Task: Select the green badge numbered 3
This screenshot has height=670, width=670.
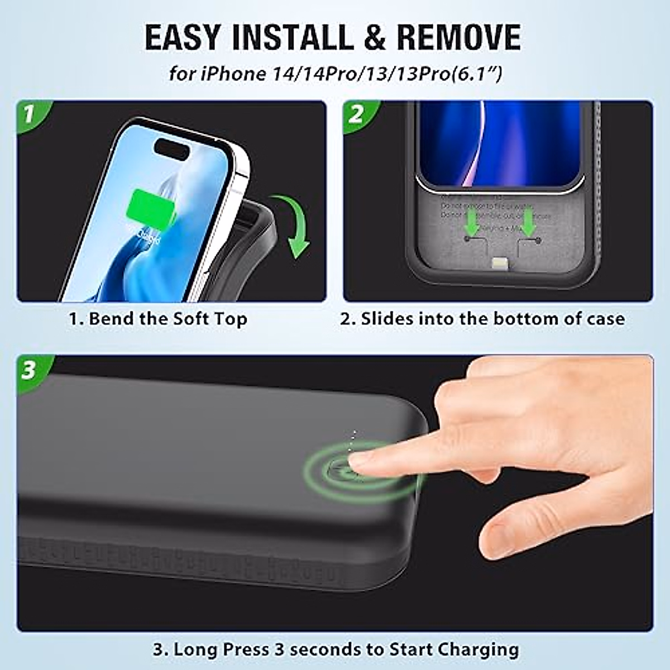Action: tap(29, 370)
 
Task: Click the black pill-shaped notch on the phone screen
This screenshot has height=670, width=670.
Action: tap(173, 148)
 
